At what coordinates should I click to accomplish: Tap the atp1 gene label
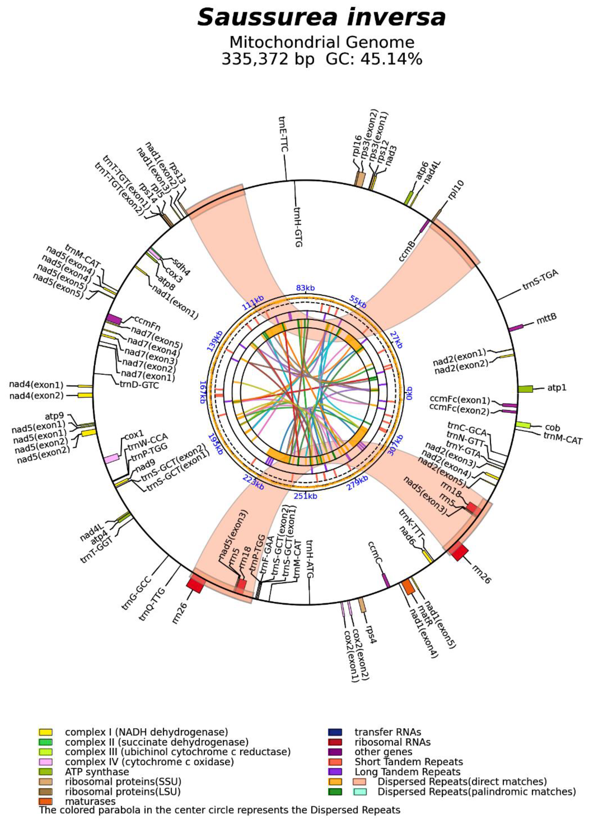click(556, 388)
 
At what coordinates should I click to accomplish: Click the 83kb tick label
click(305, 288)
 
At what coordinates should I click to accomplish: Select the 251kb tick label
click(305, 496)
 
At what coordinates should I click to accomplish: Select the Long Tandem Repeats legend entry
click(407, 772)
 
